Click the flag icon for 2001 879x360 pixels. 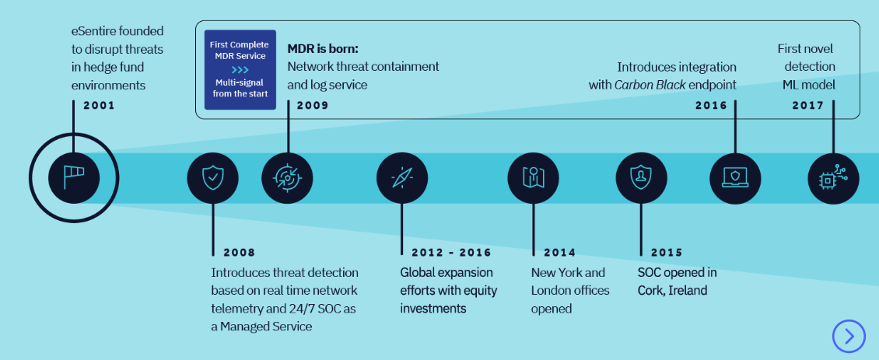click(74, 177)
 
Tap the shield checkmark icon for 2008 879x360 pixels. click(212, 178)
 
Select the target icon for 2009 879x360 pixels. click(287, 178)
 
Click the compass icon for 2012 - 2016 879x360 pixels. click(402, 178)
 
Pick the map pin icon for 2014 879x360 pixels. click(533, 178)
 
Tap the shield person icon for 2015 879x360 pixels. click(641, 178)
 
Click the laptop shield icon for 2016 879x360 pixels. click(735, 178)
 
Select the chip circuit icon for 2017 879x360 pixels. click(834, 178)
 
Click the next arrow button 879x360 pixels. click(849, 336)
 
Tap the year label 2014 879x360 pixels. click(559, 253)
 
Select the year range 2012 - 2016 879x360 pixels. click(446, 253)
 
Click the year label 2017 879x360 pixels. click(807, 105)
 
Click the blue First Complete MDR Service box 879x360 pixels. click(240, 70)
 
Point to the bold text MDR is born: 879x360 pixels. click(322, 48)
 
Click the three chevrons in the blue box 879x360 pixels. click(240, 69)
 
